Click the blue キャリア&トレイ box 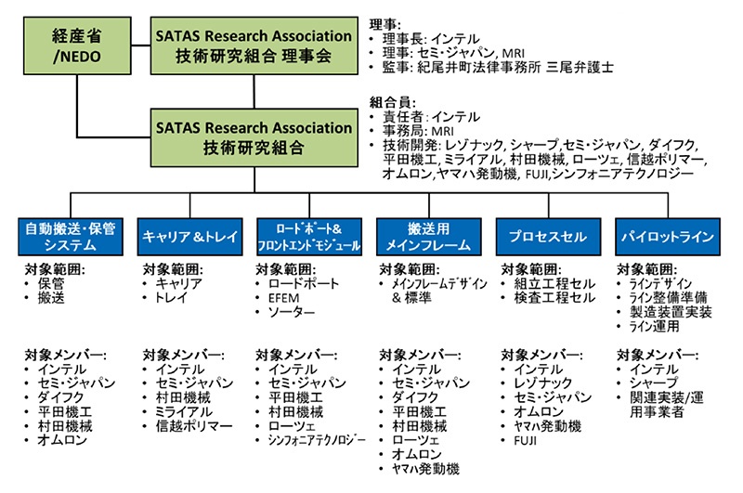point(189,236)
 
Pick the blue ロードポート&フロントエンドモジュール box point(309,236)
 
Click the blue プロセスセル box point(549,236)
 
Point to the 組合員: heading point(392,102)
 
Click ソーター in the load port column point(291,314)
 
